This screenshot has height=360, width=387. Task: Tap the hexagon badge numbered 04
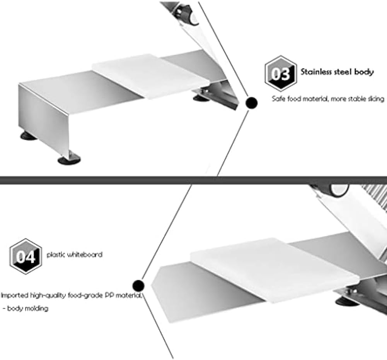25,256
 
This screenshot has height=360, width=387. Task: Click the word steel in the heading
342,72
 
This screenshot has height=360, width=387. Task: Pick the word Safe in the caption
278,99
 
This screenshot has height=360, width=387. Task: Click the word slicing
376,99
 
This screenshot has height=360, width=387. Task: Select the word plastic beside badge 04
56,255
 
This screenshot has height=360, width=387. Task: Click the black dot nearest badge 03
252,103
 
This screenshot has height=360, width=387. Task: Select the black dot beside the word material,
138,286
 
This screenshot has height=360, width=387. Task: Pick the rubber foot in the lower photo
347,302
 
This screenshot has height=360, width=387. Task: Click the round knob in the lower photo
339,189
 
